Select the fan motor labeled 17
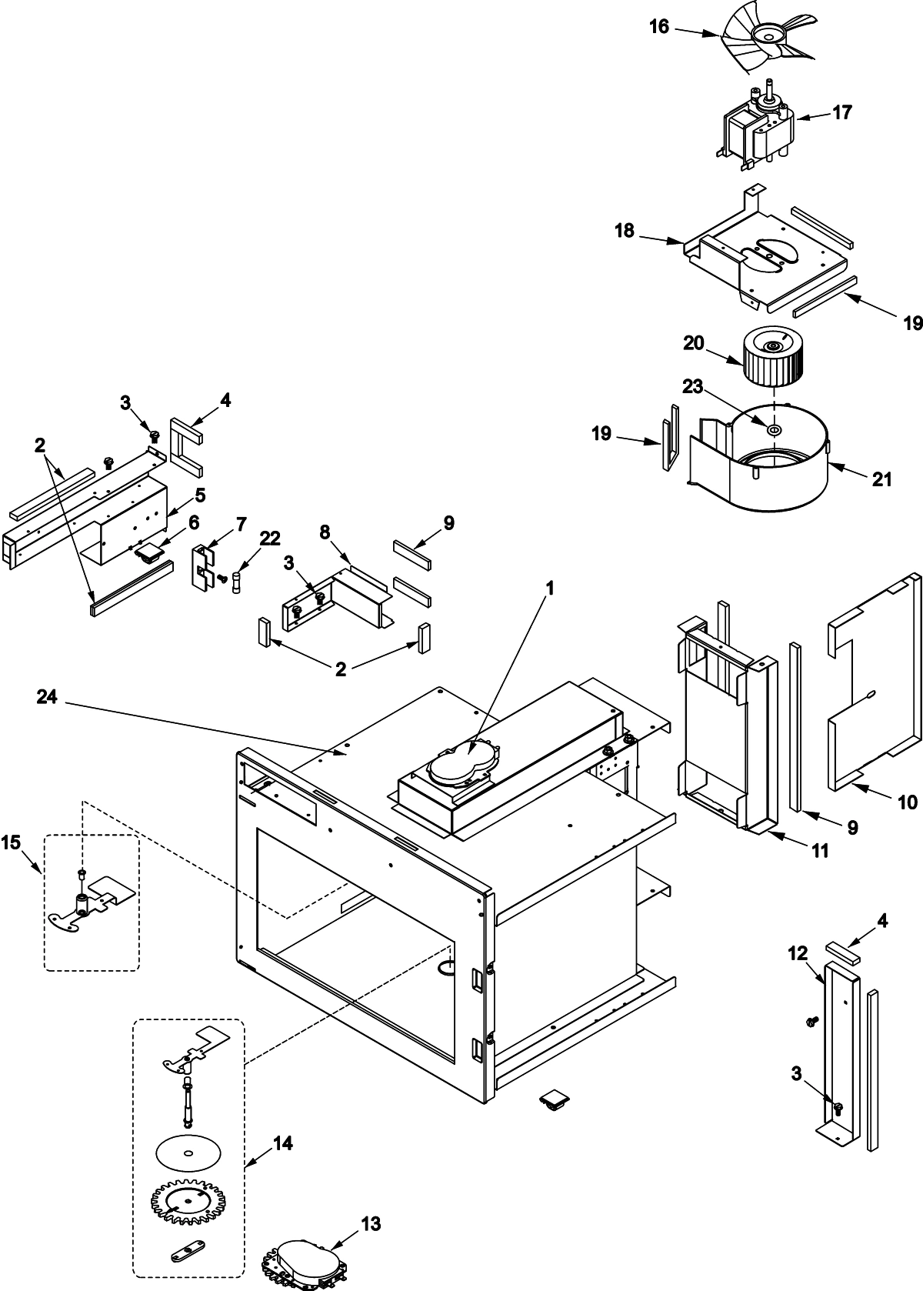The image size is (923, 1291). tap(758, 131)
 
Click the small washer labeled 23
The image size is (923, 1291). tap(774, 429)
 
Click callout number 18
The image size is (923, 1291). tap(624, 230)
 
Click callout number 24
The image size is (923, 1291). tap(48, 697)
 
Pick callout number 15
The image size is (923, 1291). tap(12, 844)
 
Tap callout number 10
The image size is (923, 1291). tap(907, 802)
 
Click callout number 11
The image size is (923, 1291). tap(820, 850)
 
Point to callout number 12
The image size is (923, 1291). tap(797, 953)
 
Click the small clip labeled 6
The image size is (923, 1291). tap(151, 552)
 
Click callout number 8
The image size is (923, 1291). tap(325, 532)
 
